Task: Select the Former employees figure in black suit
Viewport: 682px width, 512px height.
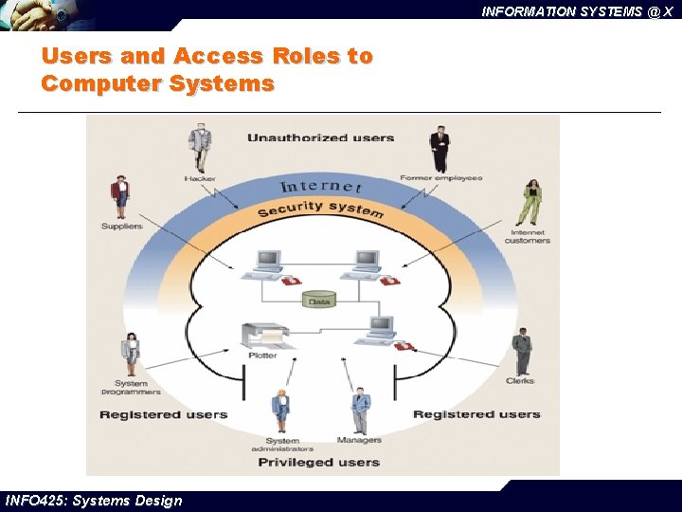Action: click(x=438, y=149)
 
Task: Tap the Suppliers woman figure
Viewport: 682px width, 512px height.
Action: click(x=120, y=197)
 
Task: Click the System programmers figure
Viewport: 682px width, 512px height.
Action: click(x=131, y=355)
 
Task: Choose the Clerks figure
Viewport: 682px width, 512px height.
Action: click(x=522, y=352)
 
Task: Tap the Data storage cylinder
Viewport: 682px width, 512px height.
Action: click(x=320, y=301)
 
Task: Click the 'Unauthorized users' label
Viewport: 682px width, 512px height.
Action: click(x=320, y=138)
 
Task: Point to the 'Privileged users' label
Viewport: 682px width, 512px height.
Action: click(x=318, y=463)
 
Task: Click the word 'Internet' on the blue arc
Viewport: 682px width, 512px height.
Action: click(x=321, y=186)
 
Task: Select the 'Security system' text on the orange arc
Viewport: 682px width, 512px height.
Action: click(x=320, y=209)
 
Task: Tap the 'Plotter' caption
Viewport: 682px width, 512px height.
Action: click(x=262, y=356)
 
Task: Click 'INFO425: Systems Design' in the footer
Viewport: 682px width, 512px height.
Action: click(x=93, y=501)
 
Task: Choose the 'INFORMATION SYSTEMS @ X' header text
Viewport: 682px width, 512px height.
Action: click(x=576, y=11)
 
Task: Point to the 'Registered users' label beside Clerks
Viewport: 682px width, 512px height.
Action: click(x=476, y=414)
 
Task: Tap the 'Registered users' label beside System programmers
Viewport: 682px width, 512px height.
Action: click(x=164, y=414)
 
